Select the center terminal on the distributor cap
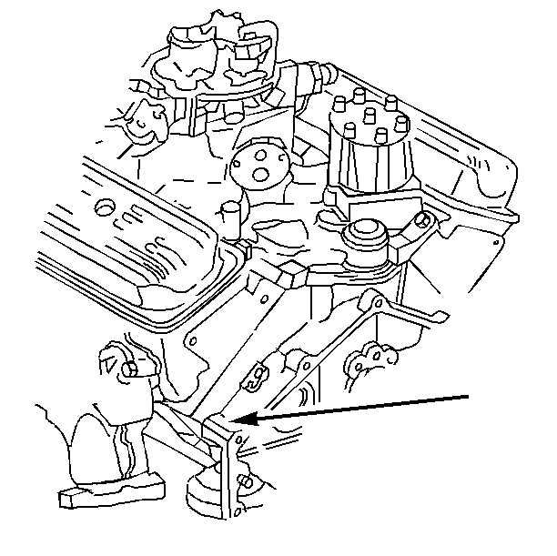[x=371, y=117]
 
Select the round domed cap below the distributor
[x=368, y=234]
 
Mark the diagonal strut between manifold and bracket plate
[x=182, y=431]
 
